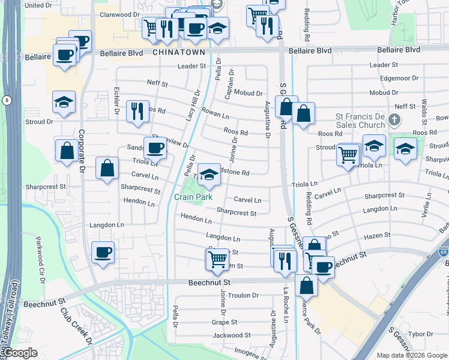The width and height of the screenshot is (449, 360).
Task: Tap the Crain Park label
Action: (194, 197)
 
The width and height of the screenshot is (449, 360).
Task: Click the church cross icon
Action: (394, 119)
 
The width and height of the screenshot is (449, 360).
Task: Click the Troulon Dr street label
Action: (238, 295)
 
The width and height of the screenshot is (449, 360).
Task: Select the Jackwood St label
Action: (231, 335)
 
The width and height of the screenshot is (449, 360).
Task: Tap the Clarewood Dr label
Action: (119, 14)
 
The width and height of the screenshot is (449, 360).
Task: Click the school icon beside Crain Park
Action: (208, 175)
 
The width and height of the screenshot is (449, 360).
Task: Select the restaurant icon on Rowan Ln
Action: (137, 111)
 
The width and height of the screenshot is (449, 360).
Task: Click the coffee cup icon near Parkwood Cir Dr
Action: (103, 252)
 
